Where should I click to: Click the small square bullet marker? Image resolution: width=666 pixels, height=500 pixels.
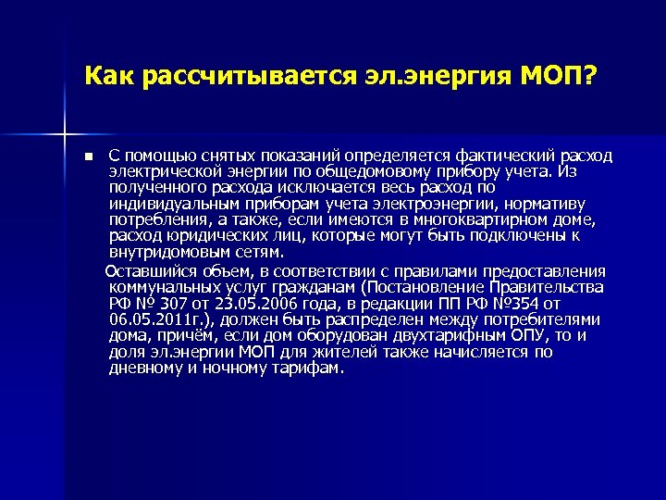pos(87,155)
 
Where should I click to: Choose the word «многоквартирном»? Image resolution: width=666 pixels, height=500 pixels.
pos(453,219)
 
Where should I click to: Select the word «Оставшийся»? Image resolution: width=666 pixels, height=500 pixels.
pos(150,270)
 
